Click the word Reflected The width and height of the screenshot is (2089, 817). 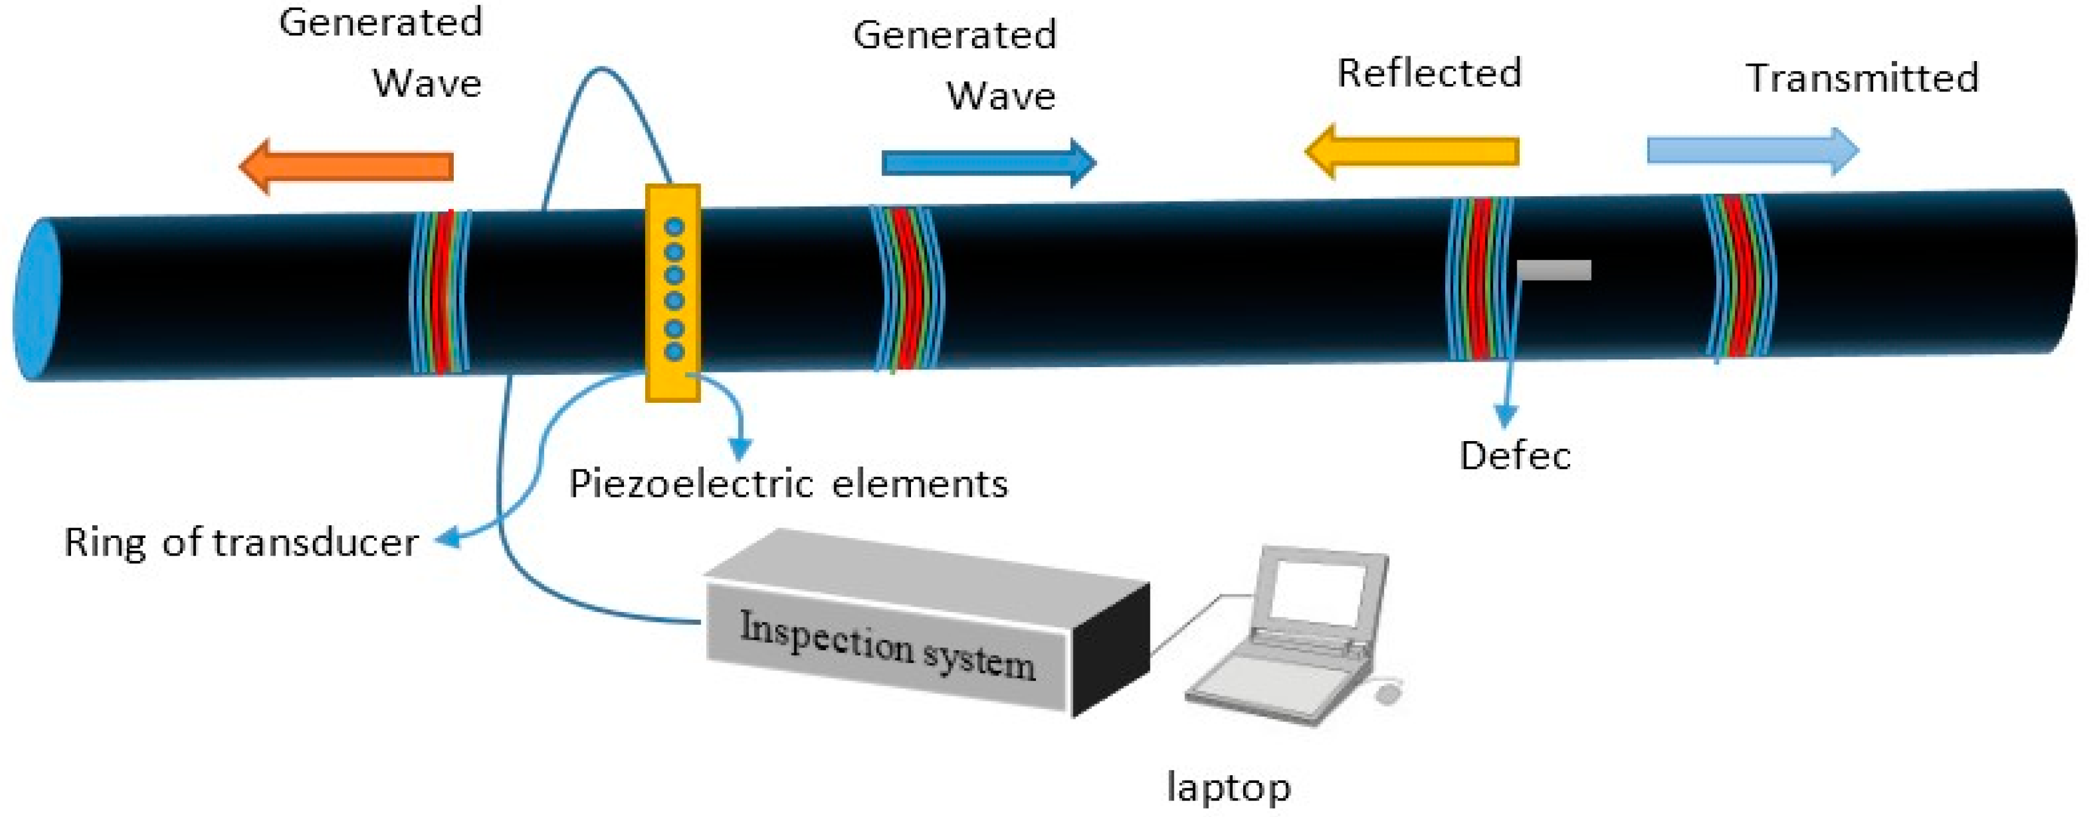[x=1429, y=73]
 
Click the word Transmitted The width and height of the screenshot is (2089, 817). [x=1862, y=79]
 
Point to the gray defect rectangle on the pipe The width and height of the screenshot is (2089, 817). [x=1554, y=270]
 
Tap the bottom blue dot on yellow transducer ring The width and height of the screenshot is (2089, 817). [x=674, y=351]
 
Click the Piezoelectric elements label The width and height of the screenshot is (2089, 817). [x=788, y=485]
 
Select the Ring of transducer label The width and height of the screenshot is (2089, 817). [x=241, y=543]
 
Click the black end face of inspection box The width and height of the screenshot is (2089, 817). [x=1111, y=649]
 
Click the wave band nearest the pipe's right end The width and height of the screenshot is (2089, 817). [x=1738, y=276]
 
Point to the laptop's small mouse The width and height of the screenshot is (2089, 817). [x=1388, y=694]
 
